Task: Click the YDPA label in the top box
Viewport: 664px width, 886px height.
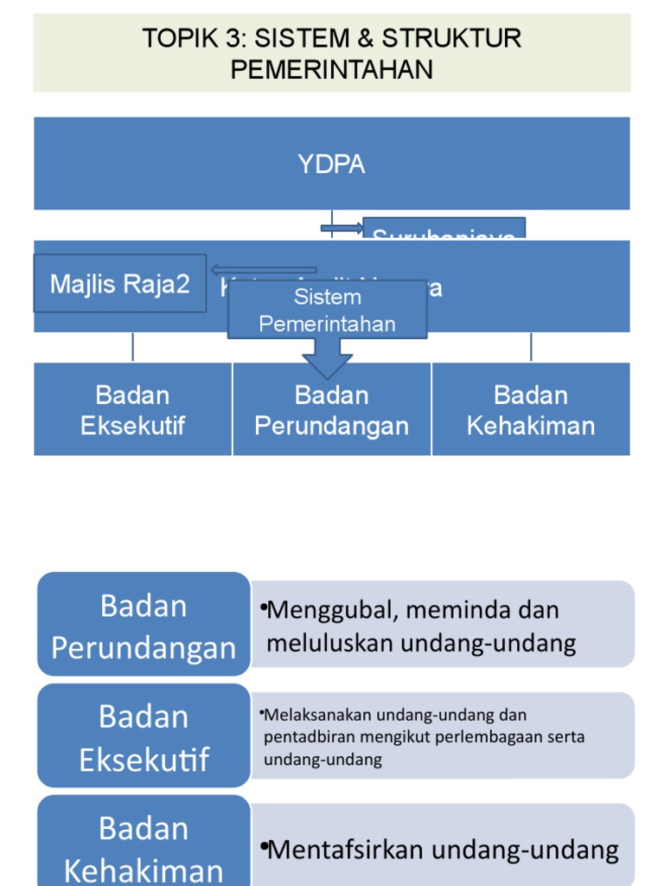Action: click(x=331, y=164)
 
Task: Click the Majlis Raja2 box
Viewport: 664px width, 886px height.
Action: click(x=119, y=283)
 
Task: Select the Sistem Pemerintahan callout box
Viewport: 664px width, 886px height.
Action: click(x=327, y=311)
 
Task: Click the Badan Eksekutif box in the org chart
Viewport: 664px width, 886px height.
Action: click(x=132, y=410)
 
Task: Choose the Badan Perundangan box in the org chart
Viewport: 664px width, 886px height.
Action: click(x=331, y=410)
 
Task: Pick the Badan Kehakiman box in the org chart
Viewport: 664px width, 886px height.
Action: click(x=530, y=410)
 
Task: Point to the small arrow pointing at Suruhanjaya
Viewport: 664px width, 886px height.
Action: click(x=342, y=228)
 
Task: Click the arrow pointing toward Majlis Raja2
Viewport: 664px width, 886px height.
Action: click(x=263, y=270)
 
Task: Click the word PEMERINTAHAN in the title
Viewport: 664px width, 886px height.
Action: click(x=331, y=69)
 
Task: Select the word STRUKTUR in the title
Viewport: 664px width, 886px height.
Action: click(x=451, y=39)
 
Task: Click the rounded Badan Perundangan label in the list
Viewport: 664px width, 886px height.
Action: click(x=144, y=626)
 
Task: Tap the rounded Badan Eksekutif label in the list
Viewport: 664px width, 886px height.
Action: click(x=144, y=737)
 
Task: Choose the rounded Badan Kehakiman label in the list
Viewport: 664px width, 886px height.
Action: click(x=144, y=848)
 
